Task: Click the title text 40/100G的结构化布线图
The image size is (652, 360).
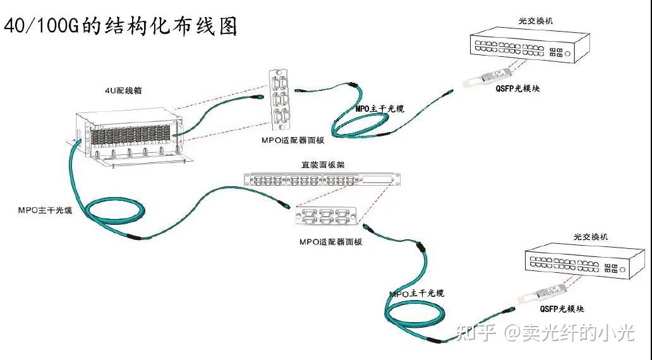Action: (121, 26)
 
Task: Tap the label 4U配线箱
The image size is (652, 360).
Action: (123, 90)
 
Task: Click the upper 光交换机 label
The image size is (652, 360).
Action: (534, 21)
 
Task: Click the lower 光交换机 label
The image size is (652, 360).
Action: (590, 237)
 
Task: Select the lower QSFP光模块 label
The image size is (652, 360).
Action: (562, 309)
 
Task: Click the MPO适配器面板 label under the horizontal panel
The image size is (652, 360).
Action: (330, 243)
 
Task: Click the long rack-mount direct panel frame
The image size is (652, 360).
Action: (322, 180)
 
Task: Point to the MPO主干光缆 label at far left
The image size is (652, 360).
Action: (45, 210)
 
